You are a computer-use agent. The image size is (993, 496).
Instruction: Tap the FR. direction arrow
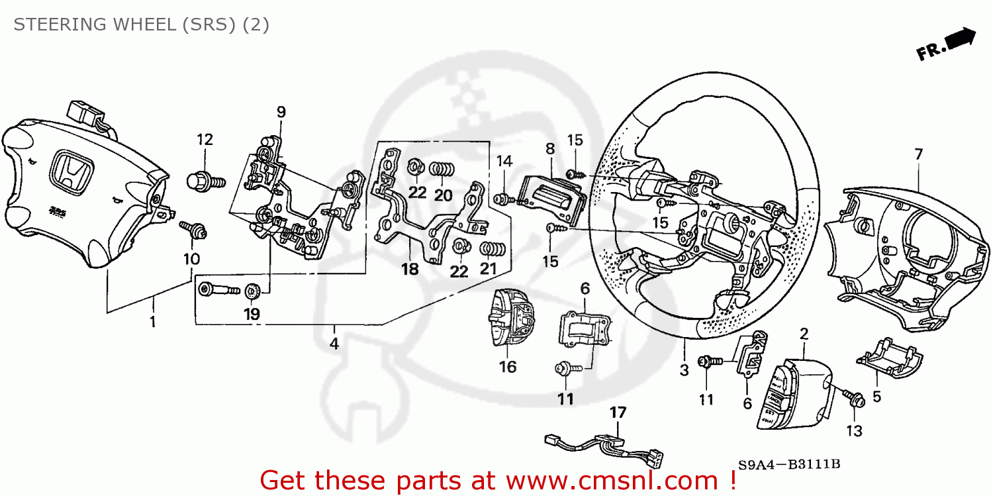tap(947, 44)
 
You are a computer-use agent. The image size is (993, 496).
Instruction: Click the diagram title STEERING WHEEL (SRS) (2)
tap(141, 25)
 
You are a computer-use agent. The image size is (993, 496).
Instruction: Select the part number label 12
tap(205, 140)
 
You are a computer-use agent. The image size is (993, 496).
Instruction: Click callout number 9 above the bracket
tap(281, 112)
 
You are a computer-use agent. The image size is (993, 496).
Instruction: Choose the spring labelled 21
tap(493, 250)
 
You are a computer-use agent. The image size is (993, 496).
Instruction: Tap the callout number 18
tap(410, 269)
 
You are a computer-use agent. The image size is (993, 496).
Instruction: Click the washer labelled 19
tap(252, 291)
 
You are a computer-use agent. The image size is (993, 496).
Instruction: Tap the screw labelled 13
tap(852, 399)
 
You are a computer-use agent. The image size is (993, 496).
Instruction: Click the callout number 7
tap(918, 154)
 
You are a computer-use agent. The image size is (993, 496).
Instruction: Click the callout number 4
tap(334, 344)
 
